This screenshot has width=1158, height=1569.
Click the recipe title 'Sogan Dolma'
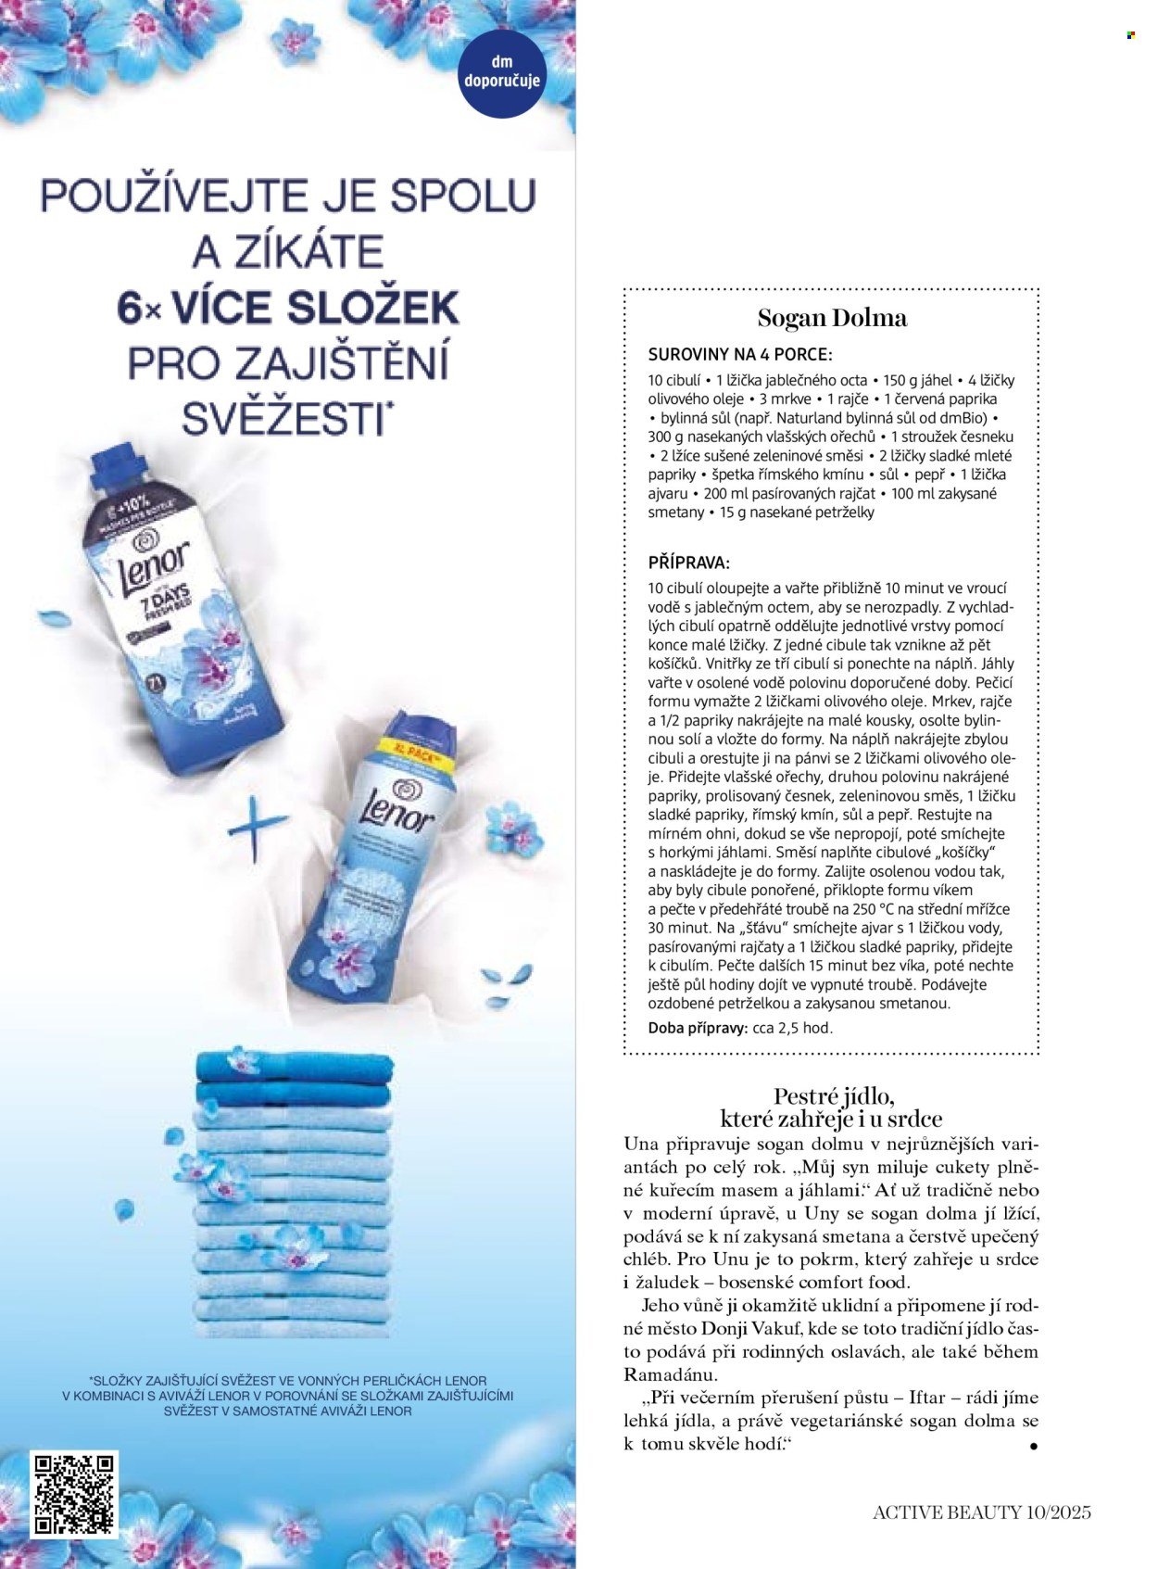(832, 319)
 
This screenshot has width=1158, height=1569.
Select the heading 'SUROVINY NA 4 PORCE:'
(740, 355)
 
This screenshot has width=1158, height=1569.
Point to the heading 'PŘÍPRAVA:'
(688, 563)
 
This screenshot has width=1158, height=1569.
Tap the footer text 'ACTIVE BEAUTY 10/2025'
(982, 1512)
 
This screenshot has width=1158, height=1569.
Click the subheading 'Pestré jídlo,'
(834, 1098)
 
